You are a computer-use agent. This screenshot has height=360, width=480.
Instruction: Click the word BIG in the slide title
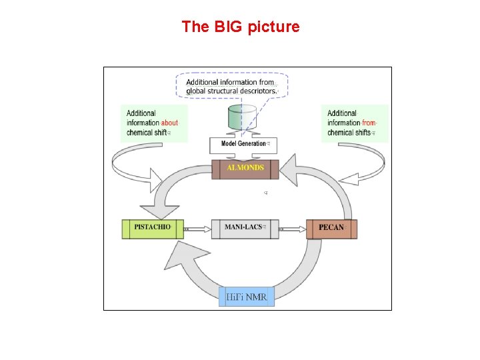(227, 27)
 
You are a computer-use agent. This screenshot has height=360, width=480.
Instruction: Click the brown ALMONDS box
(245, 168)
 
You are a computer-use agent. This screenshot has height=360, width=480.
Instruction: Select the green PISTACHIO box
(152, 228)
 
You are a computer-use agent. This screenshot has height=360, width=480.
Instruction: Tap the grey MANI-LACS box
(245, 228)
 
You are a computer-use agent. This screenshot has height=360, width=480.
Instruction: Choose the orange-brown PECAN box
(331, 228)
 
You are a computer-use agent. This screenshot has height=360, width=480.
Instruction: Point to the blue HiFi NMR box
(247, 296)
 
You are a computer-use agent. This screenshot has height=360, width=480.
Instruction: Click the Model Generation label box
(243, 144)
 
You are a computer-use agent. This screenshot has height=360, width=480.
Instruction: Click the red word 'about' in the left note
(170, 123)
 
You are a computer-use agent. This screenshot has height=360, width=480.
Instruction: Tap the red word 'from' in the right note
(369, 123)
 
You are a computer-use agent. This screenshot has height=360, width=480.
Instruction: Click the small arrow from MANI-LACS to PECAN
(292, 229)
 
